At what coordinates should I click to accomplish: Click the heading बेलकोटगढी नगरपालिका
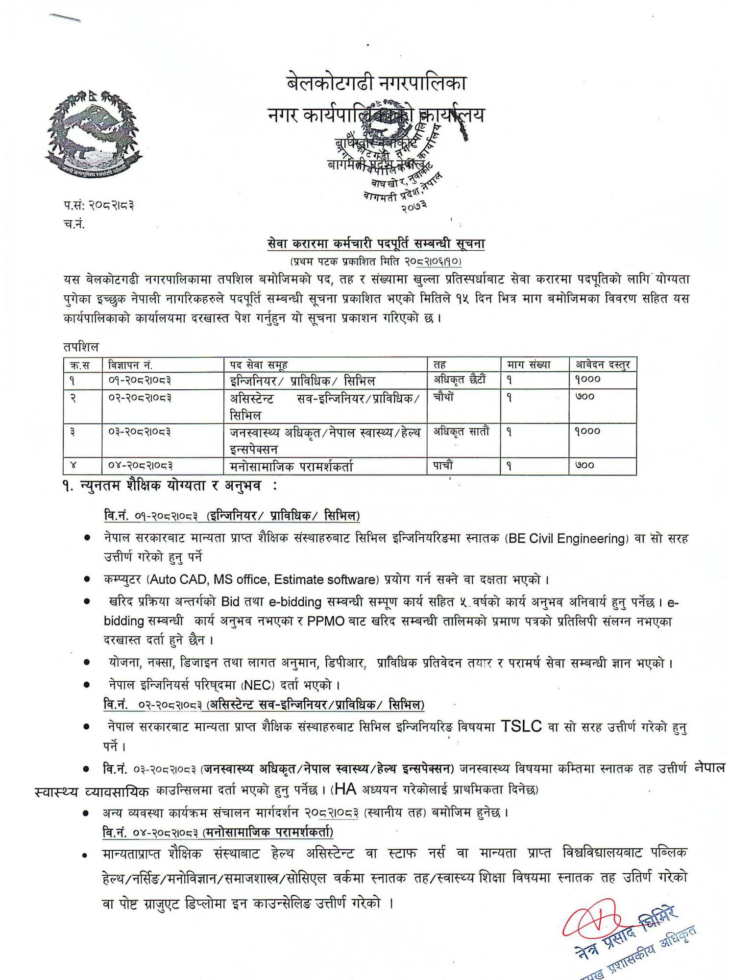pos(376,82)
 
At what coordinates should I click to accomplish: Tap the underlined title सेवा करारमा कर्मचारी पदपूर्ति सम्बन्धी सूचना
pos(376,243)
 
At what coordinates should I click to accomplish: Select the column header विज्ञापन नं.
pos(130,365)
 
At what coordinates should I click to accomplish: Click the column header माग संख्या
pos(529,365)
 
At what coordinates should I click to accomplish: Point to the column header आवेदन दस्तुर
pos(602,365)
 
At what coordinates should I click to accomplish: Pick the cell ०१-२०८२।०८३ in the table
pos(140,381)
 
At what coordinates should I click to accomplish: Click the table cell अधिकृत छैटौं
pos(460,380)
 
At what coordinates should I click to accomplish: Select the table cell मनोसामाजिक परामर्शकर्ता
pos(291,467)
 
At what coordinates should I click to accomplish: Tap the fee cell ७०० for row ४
pos(584,465)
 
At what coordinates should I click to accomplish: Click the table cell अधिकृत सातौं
pos(461,432)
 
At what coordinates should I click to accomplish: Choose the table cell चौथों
pos(443,397)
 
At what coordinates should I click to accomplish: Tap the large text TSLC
pos(521,726)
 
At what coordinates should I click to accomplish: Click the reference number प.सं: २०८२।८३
pos(98,205)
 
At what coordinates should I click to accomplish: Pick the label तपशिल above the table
pos(81,347)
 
